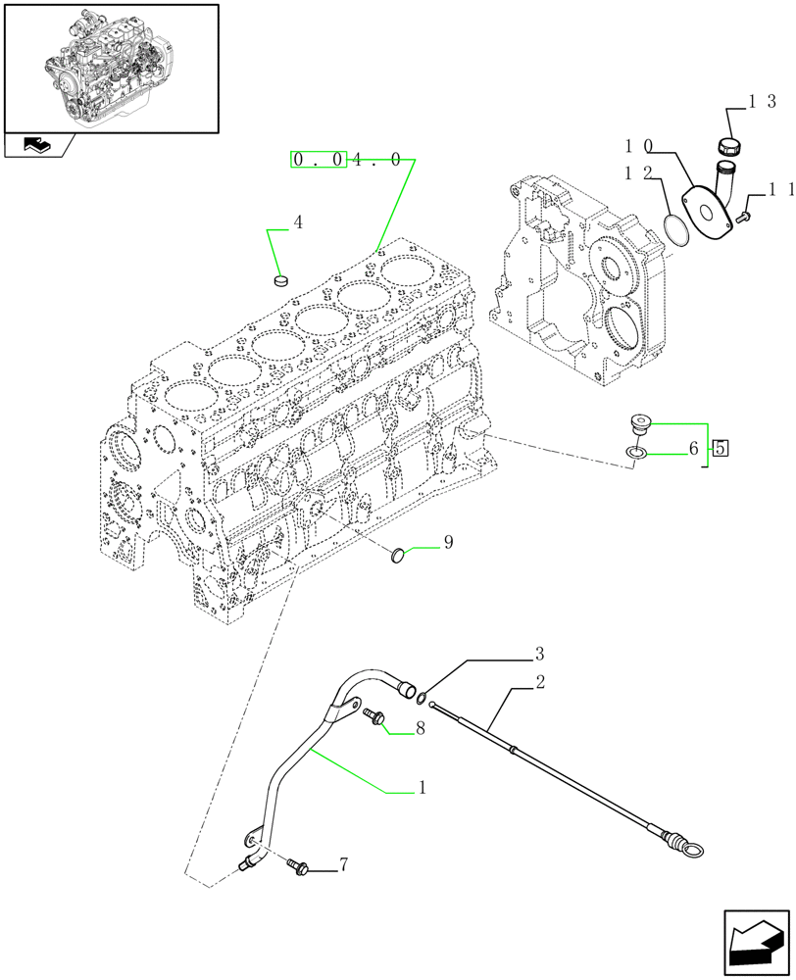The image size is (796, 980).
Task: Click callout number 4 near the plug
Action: point(298,223)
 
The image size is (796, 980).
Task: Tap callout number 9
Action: point(448,541)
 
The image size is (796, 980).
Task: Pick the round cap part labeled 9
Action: point(398,557)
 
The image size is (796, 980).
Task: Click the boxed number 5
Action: point(721,449)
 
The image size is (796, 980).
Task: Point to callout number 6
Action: point(693,449)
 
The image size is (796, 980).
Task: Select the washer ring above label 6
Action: point(636,453)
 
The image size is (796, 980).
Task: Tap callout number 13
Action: point(763,101)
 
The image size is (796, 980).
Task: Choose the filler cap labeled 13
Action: point(729,145)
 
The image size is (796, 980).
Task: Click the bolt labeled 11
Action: point(744,208)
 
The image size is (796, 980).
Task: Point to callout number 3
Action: point(539,653)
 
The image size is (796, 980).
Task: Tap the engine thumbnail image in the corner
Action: point(110,67)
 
